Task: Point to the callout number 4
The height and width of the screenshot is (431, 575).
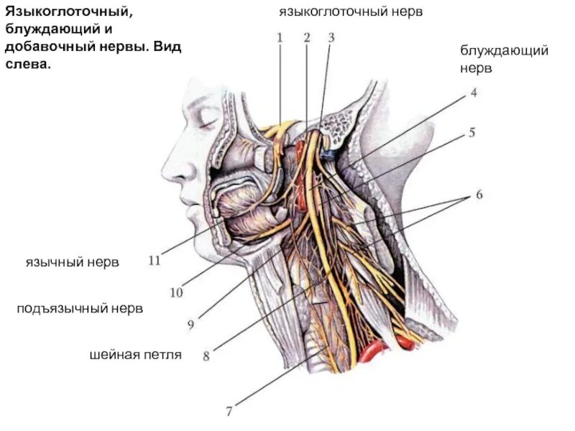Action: (x=474, y=93)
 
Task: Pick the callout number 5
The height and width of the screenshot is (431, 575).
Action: (x=472, y=132)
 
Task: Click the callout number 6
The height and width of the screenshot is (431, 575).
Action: (x=478, y=195)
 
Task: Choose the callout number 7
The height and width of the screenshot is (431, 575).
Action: (x=229, y=412)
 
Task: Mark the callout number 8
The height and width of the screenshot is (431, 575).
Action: (x=206, y=356)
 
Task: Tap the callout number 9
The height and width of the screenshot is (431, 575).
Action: (x=191, y=325)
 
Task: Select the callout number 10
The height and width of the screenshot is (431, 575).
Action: (x=176, y=292)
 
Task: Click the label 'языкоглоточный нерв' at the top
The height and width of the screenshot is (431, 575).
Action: (x=351, y=12)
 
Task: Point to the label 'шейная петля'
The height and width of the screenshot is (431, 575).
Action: (x=136, y=354)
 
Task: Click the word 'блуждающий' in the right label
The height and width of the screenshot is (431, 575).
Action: (x=505, y=51)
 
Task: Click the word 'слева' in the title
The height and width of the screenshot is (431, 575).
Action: (x=29, y=63)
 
